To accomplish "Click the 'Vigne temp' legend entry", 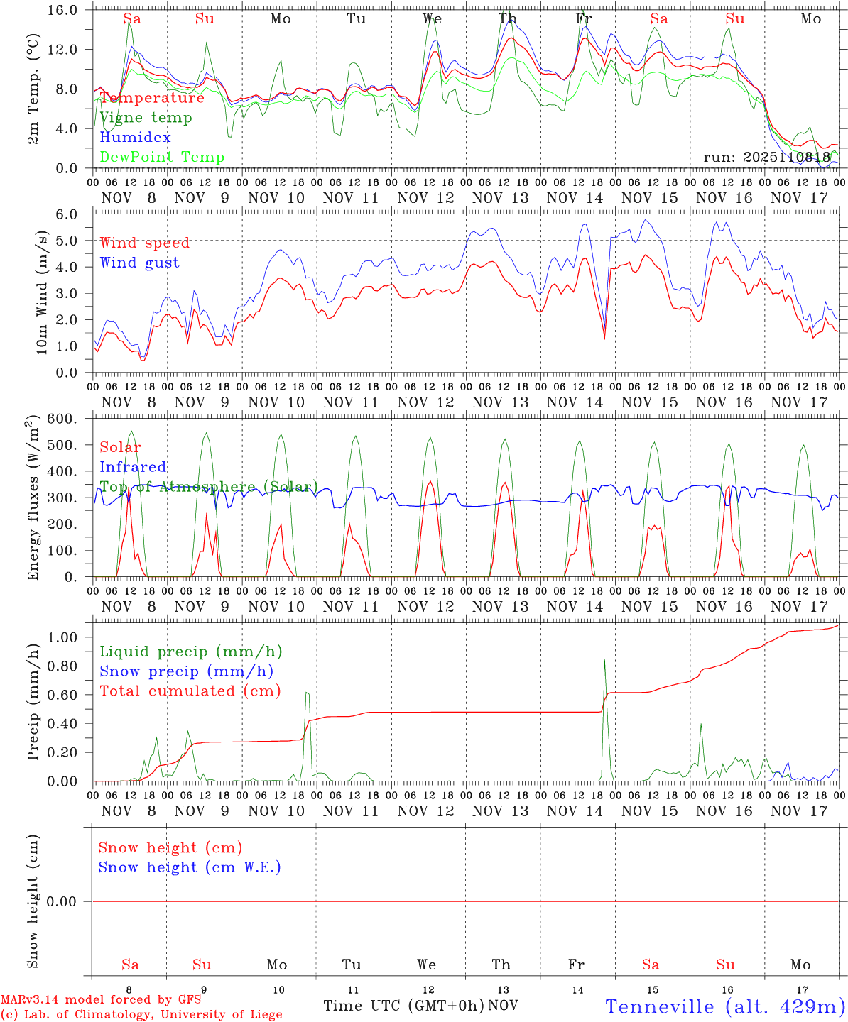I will [146, 118].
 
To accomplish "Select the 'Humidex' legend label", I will [135, 138].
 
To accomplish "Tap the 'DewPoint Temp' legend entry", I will [162, 158].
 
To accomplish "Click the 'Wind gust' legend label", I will [139, 263].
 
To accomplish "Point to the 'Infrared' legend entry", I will [133, 467].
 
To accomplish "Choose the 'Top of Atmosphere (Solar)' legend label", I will [209, 487].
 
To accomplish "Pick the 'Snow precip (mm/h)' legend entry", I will [186, 671].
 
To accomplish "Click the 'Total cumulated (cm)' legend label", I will [190, 691].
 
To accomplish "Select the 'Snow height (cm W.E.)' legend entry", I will [190, 867].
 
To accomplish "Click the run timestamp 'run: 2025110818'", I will [766, 157].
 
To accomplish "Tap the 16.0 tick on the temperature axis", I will [70, 10].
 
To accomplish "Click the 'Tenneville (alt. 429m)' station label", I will [725, 1006].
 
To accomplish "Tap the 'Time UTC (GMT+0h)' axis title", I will [403, 1006].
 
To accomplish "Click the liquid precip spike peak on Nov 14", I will [604, 660].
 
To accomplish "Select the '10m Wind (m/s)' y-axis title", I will [42, 292].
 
